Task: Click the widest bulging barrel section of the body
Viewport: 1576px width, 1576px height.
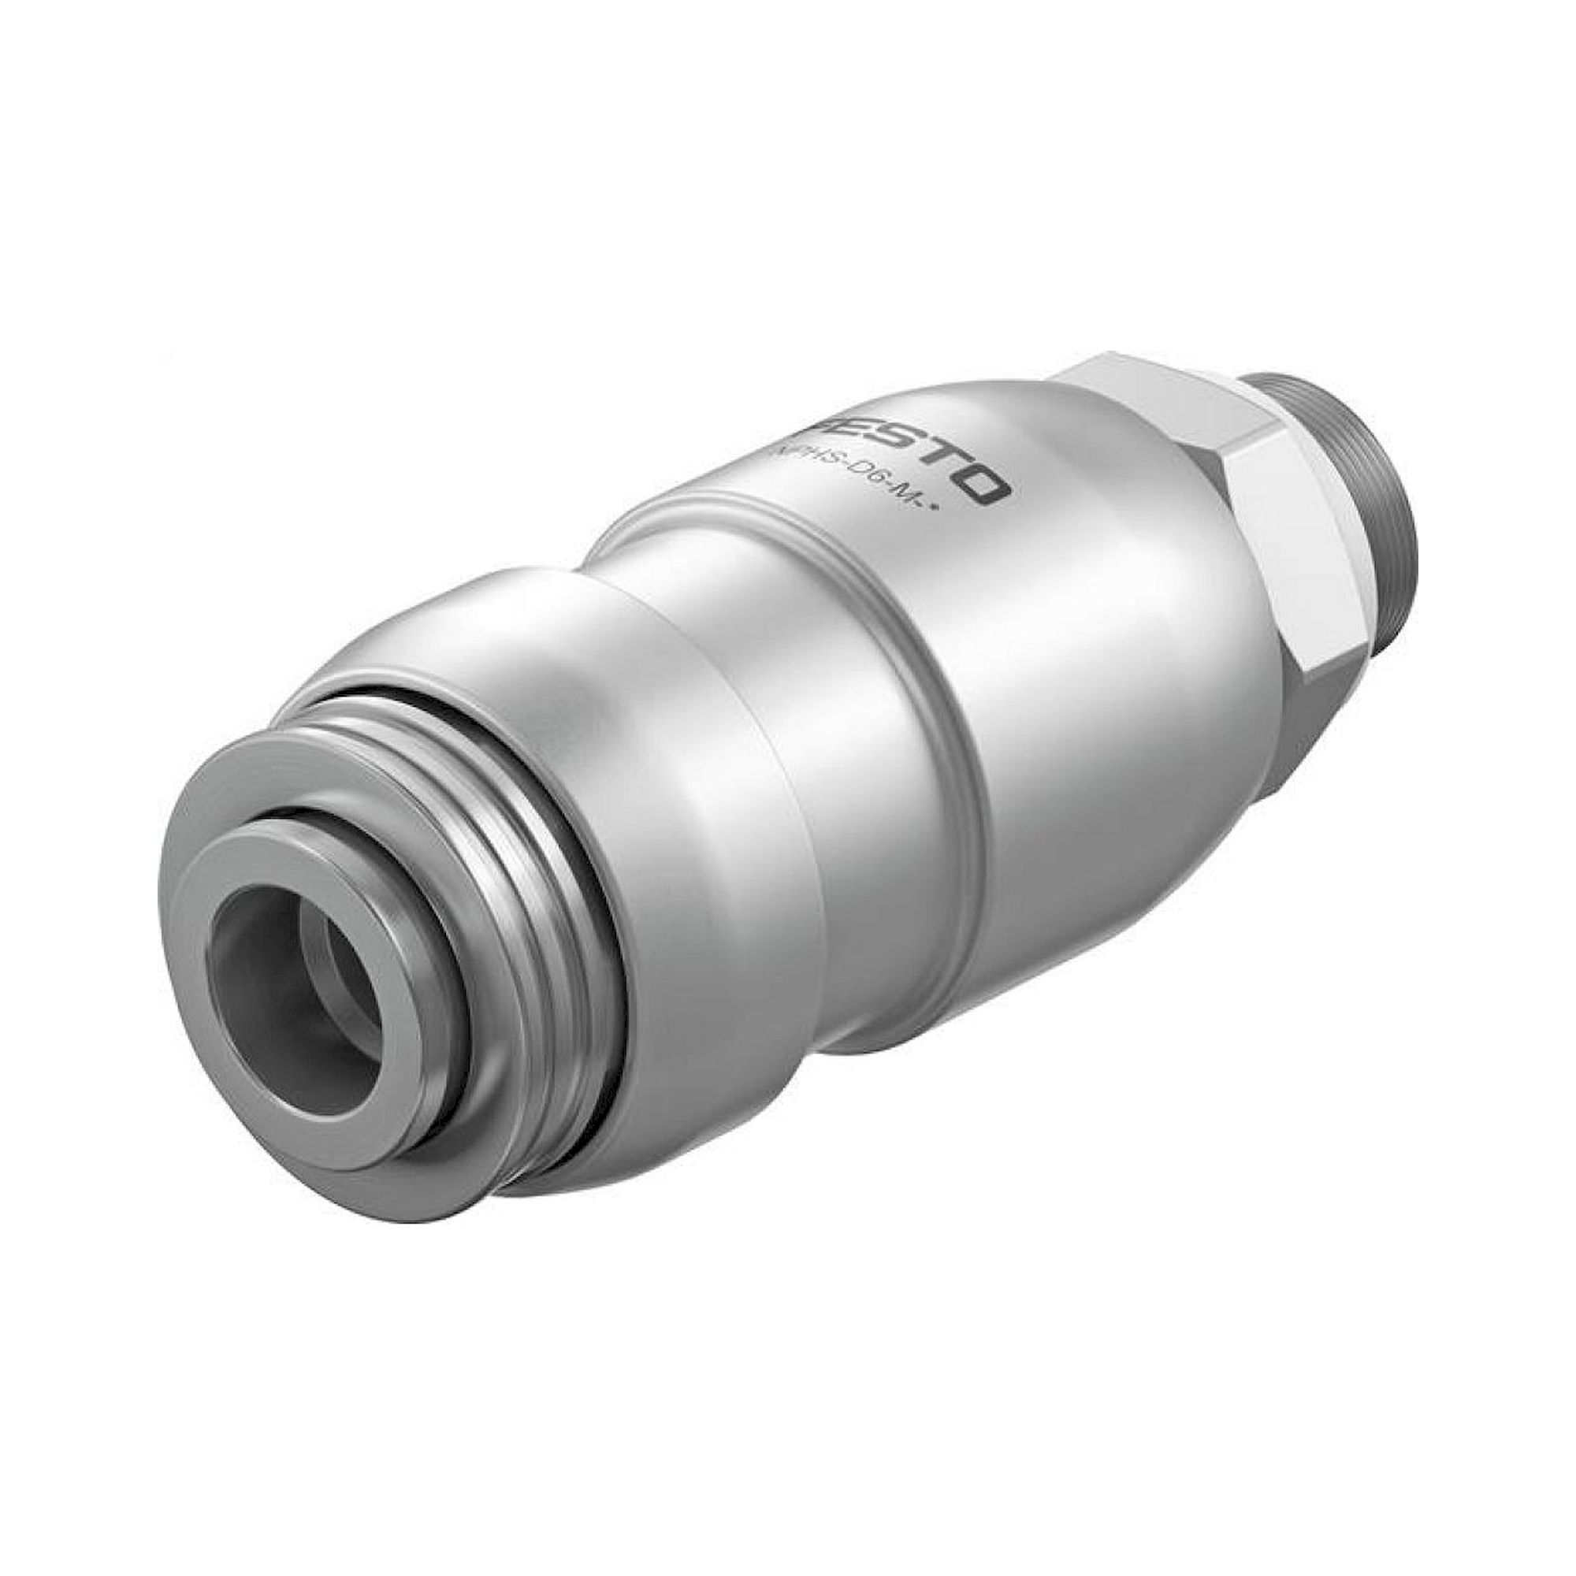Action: [1061, 693]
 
